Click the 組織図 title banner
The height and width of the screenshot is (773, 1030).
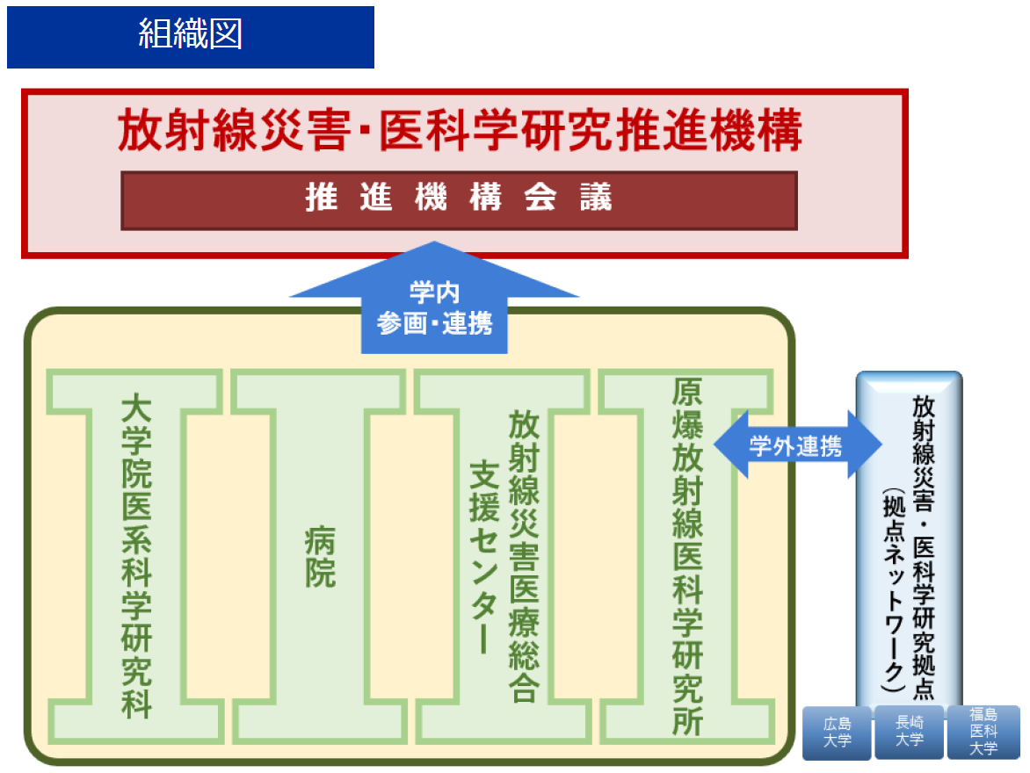pos(190,36)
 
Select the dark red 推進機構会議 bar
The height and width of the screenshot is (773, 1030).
pos(459,199)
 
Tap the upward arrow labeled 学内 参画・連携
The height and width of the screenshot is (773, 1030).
pos(435,307)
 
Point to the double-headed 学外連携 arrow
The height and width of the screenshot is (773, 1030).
pos(796,445)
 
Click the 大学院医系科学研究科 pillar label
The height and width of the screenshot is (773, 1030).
pos(136,555)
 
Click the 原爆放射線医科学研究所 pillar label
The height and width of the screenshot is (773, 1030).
pos(687,555)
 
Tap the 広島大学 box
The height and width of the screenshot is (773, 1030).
pos(837,733)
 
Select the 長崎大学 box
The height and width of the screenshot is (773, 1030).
pos(909,732)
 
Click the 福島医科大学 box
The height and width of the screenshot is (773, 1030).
pos(983,733)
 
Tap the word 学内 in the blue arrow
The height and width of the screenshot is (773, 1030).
pos(434,293)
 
